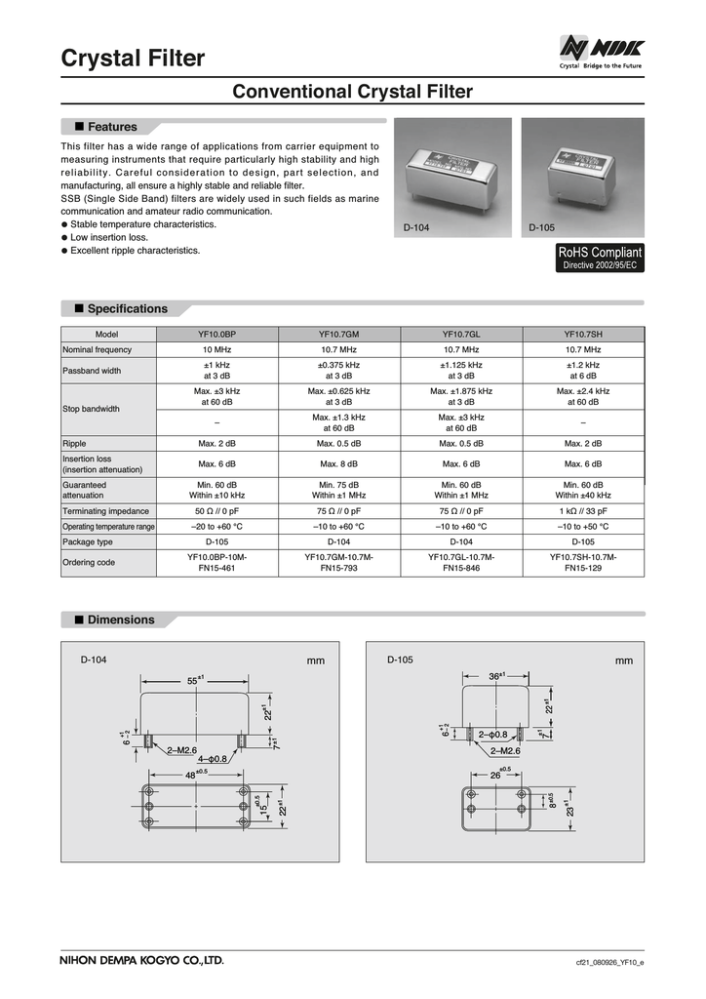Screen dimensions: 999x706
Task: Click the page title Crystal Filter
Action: click(133, 59)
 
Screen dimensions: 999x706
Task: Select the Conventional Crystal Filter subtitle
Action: click(352, 92)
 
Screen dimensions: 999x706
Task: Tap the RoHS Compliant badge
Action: click(599, 259)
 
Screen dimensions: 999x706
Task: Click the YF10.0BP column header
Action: click(216, 333)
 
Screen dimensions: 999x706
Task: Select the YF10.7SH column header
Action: click(582, 333)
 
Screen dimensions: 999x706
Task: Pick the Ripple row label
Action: click(74, 443)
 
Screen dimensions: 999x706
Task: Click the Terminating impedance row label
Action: click(105, 510)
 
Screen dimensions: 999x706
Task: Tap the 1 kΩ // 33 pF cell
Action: click(582, 510)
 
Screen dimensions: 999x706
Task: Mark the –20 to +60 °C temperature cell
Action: click(216, 526)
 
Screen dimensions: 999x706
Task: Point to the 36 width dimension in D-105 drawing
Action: click(496, 675)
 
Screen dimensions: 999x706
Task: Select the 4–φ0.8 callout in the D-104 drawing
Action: click(212, 758)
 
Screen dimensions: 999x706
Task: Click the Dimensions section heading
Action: click(120, 619)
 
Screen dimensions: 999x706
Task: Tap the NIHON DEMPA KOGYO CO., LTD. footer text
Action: click(142, 960)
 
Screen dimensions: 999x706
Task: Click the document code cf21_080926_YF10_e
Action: click(609, 962)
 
